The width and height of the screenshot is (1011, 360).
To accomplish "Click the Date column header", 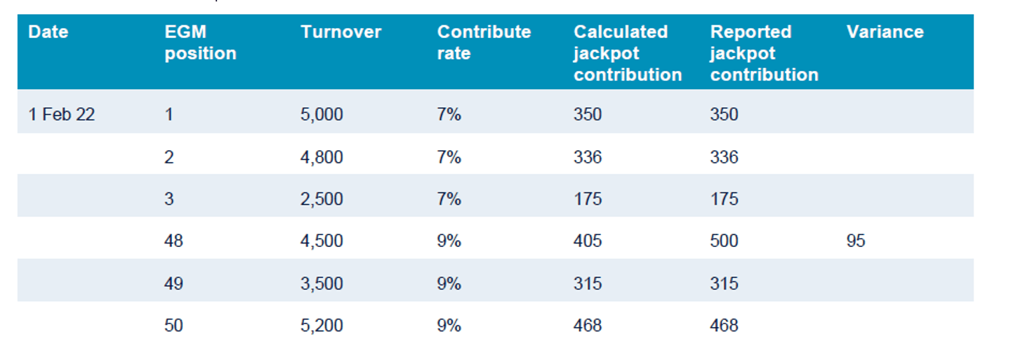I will click(48, 32).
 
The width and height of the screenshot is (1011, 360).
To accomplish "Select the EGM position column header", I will click(200, 43).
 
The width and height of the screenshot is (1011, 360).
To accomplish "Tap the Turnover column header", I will click(341, 32).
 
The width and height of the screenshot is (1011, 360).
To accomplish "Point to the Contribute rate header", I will click(484, 43).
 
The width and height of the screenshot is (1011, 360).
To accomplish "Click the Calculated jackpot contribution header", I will click(627, 53).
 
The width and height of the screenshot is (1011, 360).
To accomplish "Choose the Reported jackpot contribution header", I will click(764, 53).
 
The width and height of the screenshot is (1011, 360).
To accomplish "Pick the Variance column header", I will click(885, 32).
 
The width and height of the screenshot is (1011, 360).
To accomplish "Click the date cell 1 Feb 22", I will click(61, 114).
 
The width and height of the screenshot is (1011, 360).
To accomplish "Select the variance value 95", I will click(856, 241).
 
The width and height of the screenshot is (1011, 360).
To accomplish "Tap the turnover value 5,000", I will click(322, 114).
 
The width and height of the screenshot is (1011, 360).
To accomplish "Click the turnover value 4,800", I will click(322, 156).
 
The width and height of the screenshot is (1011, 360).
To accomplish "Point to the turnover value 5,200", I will click(322, 325).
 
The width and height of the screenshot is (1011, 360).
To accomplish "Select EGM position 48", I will click(173, 241).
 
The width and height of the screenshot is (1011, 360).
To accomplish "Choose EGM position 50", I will click(173, 325).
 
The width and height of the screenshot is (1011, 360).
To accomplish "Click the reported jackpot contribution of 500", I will click(724, 241).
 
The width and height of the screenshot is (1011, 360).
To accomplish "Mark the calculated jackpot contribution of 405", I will click(588, 241).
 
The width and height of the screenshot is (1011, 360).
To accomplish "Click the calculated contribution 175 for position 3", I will click(588, 199).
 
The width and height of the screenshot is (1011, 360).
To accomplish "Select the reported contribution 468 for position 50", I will click(724, 325).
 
